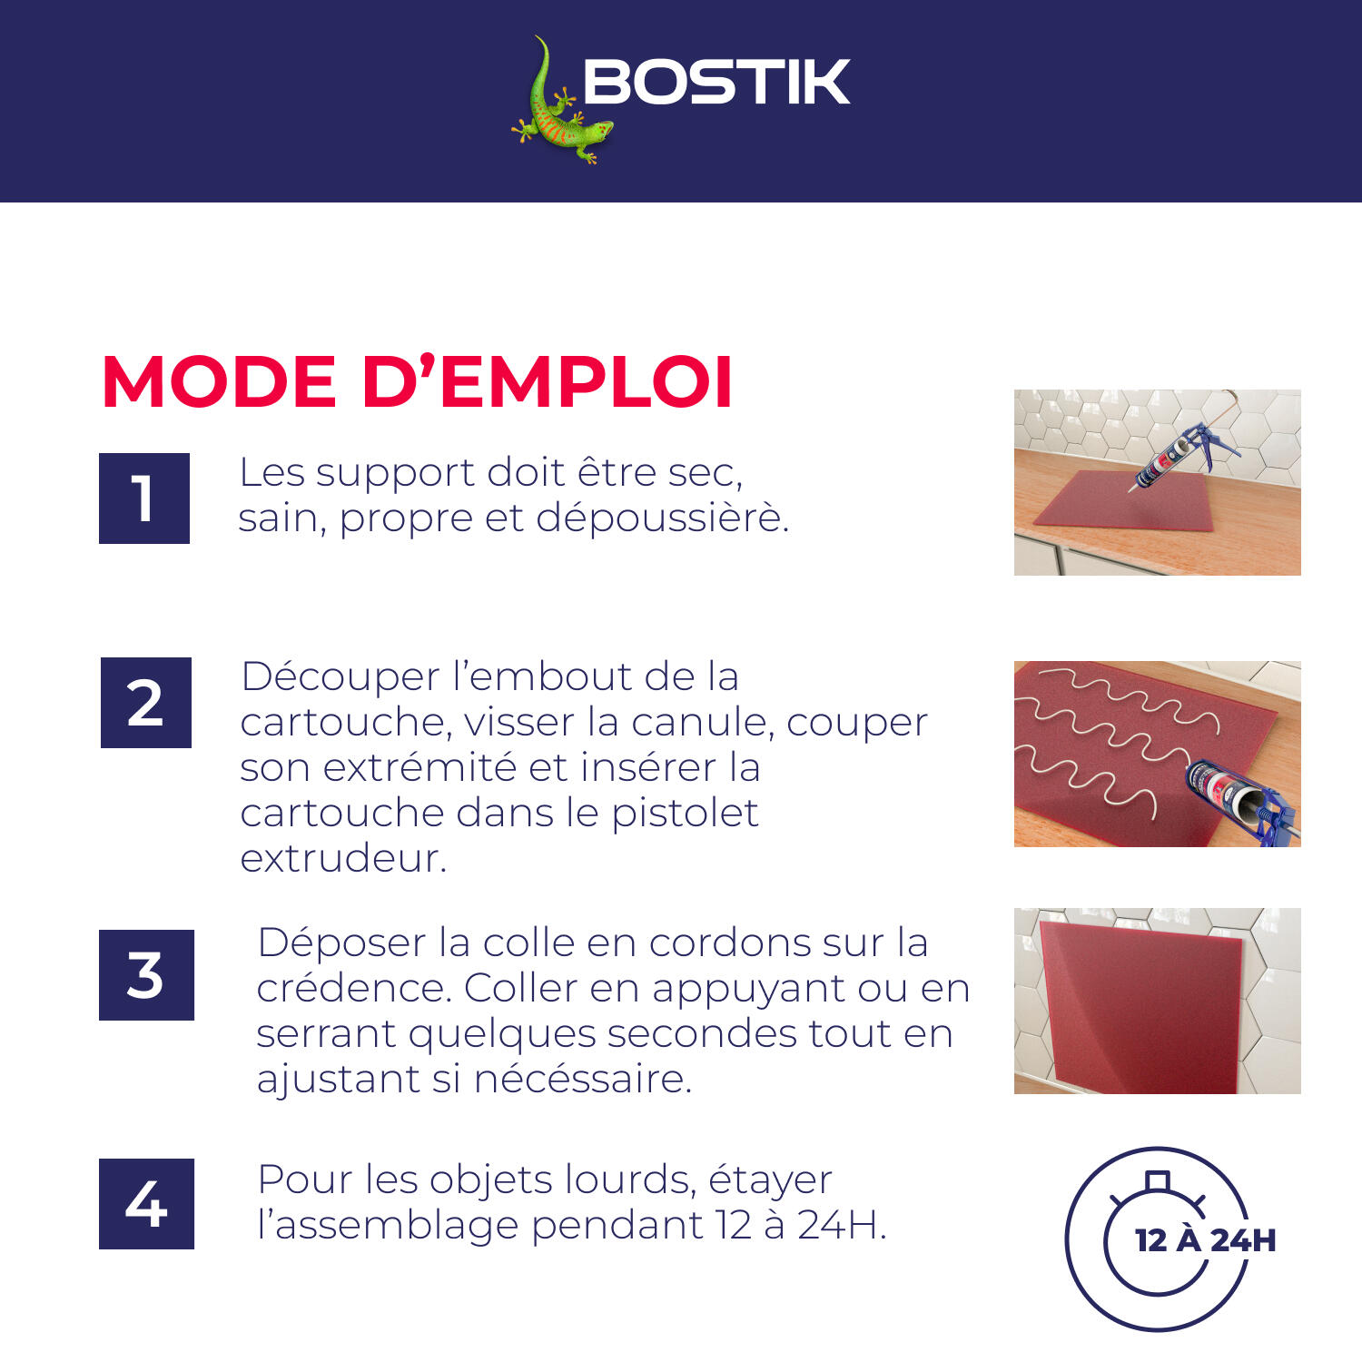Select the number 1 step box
tap(144, 498)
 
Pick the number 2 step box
tap(146, 703)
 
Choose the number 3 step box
tap(146, 975)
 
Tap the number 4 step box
tap(146, 1204)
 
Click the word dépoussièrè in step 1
tap(661, 518)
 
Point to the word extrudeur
tap(342, 858)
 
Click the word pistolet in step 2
tap(685, 813)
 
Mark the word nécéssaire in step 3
tap(582, 1079)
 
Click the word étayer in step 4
tap(770, 1179)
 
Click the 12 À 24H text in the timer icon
tap(1206, 1239)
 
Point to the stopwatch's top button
tap(1158, 1180)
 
